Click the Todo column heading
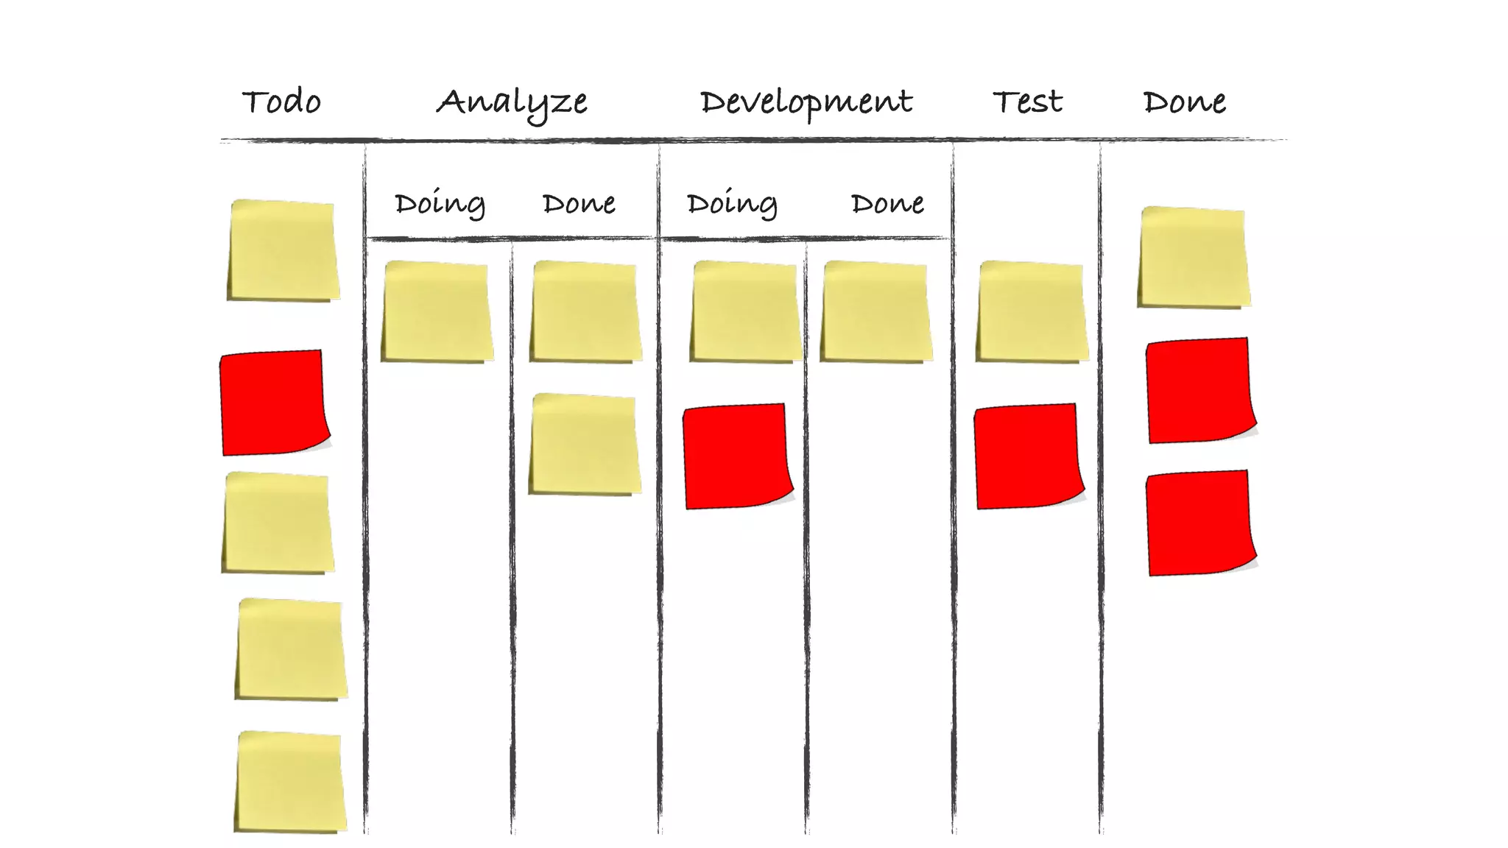(x=281, y=102)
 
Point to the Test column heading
(x=1027, y=102)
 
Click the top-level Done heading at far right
(x=1184, y=102)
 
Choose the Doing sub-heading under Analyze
(x=440, y=204)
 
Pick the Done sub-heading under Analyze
(x=579, y=203)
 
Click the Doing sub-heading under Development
(x=732, y=204)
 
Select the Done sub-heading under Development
(x=887, y=203)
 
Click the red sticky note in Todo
(x=273, y=402)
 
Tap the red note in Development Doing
(x=736, y=456)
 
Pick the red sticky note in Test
(x=1028, y=456)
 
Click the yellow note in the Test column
(x=1032, y=311)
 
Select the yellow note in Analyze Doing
(x=437, y=311)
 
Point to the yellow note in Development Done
(x=875, y=311)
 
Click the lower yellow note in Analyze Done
(x=585, y=444)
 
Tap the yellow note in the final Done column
(x=1194, y=257)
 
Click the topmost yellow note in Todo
(x=283, y=250)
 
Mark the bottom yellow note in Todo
(x=290, y=782)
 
